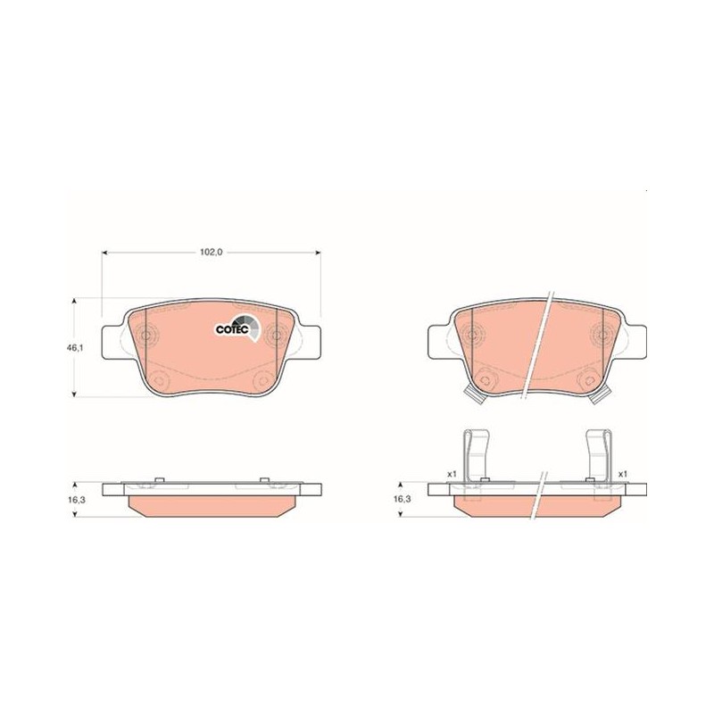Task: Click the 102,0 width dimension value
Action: [x=211, y=252]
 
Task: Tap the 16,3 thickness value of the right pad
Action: [x=403, y=499]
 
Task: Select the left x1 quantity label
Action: [x=452, y=474]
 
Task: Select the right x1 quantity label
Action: [x=622, y=474]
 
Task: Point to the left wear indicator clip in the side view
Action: [x=477, y=457]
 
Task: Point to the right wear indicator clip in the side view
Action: [x=598, y=457]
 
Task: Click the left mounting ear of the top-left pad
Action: [x=111, y=342]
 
